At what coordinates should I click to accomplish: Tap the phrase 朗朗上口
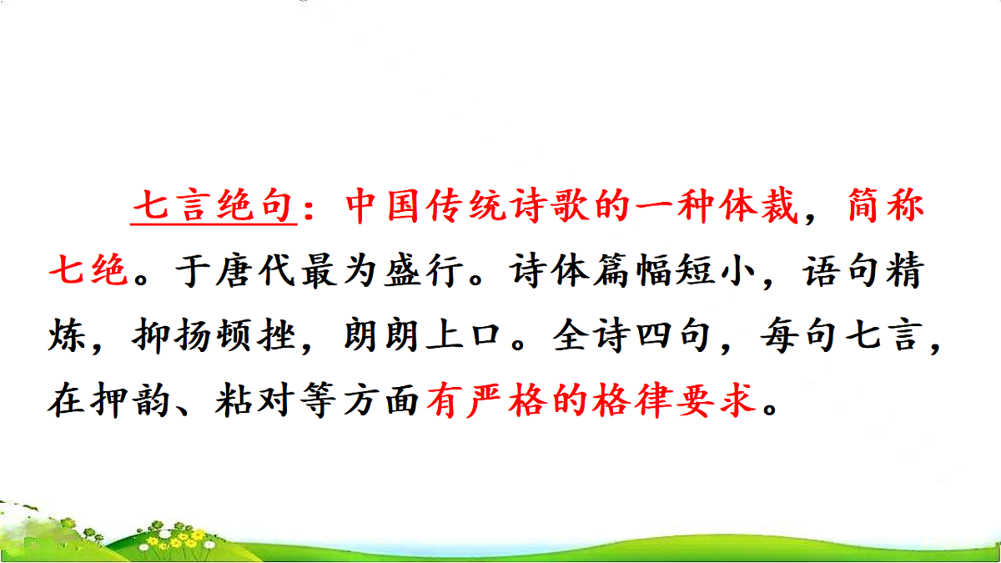[422, 339]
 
